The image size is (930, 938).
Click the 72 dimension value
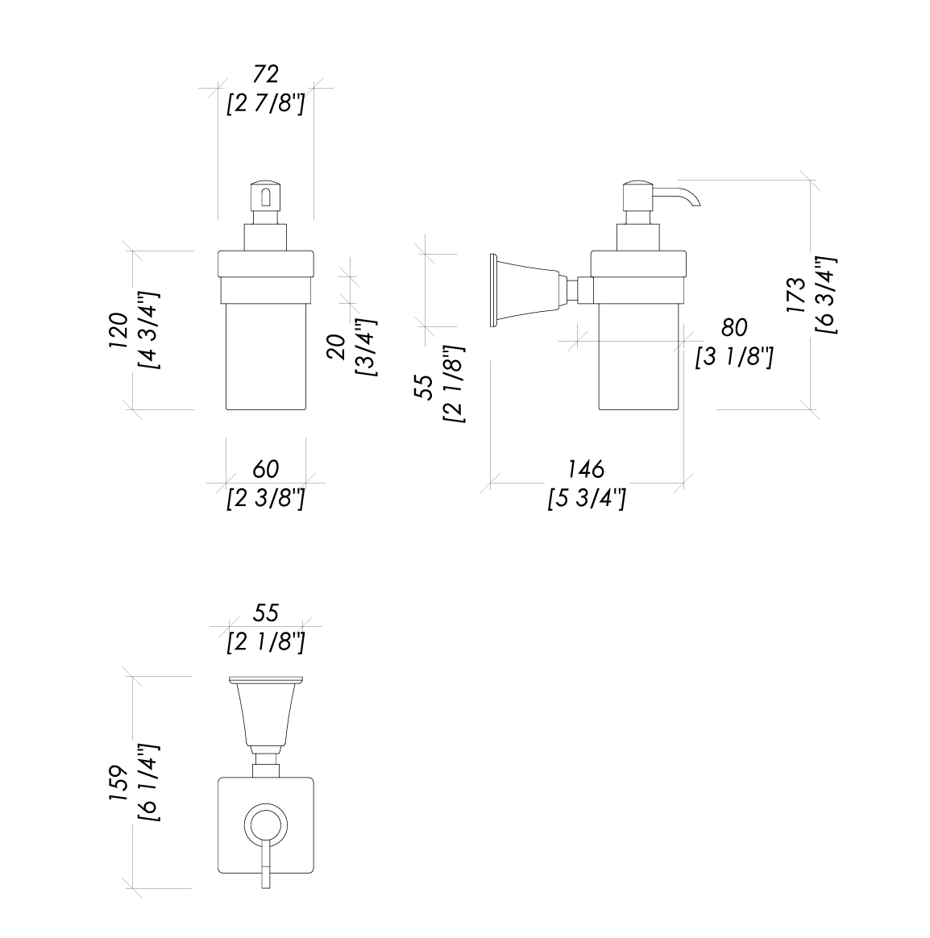click(266, 74)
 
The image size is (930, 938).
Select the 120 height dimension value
click(118, 330)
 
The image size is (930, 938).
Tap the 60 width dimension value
click(266, 469)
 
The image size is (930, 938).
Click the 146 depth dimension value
click(586, 469)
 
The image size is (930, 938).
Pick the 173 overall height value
click(797, 295)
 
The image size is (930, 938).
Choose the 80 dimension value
click(734, 327)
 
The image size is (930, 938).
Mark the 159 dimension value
click(118, 783)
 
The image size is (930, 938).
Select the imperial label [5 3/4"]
click(586, 499)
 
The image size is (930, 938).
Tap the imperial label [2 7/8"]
click(266, 104)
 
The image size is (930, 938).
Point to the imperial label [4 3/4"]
click(148, 330)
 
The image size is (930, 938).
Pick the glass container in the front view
click(265, 355)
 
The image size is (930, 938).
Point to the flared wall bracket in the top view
click(265, 713)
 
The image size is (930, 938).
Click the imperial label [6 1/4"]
click(148, 783)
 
